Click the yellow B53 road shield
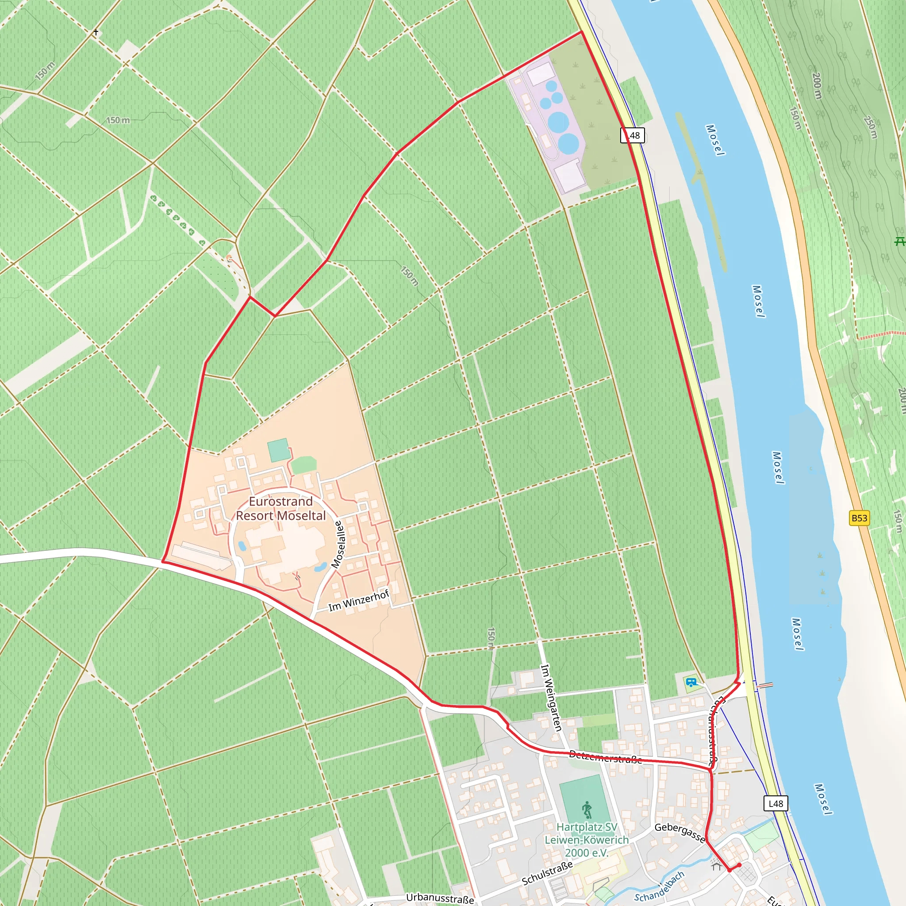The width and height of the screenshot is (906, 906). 859,518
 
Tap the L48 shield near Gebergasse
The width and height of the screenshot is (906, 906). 775,803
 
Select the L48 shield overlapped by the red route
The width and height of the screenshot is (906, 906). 633,135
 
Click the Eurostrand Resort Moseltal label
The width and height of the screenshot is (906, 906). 280,508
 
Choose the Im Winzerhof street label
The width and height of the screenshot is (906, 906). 359,601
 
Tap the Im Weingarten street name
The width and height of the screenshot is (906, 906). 551,697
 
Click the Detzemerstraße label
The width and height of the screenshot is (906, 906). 605,757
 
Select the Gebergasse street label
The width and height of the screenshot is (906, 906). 679,831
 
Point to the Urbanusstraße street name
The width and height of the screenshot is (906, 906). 440,898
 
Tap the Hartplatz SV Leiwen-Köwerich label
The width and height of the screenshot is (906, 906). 587,839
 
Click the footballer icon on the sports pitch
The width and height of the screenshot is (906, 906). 587,810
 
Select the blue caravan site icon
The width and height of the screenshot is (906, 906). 691,682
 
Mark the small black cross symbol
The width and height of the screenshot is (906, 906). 96,32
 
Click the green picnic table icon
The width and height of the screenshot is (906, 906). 899,242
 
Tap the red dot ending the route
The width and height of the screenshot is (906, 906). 739,865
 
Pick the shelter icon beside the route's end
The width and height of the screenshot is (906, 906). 716,864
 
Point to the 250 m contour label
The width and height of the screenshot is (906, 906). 870,127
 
